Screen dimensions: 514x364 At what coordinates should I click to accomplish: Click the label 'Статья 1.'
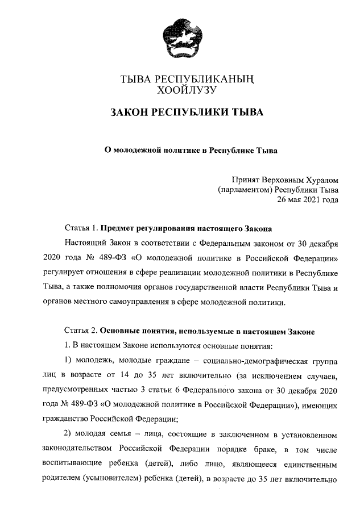pyautogui.click(x=81, y=229)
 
